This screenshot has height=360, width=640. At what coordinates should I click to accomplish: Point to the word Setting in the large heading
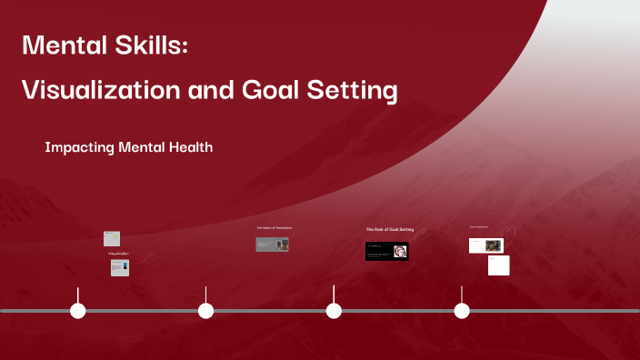tap(354, 91)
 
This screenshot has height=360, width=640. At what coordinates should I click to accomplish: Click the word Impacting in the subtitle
tap(77, 146)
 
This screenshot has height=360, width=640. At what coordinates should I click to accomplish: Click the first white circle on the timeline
tap(78, 311)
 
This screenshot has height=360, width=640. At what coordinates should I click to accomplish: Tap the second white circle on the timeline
tap(206, 311)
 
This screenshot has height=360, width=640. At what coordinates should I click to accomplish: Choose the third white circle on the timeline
tap(334, 311)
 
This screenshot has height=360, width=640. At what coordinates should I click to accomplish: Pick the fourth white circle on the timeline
tap(462, 311)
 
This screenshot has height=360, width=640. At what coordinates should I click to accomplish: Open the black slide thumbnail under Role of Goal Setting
tap(386, 251)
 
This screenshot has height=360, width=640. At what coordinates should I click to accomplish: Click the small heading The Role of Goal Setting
tap(389, 230)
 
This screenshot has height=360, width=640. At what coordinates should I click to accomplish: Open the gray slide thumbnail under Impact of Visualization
tap(272, 244)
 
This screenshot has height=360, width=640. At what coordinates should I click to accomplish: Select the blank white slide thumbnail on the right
tap(498, 265)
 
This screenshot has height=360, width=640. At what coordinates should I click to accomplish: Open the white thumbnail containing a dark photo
tap(485, 245)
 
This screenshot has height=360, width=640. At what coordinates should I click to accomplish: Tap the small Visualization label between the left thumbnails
tap(118, 253)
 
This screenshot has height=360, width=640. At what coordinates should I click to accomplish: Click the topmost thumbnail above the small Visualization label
tap(112, 238)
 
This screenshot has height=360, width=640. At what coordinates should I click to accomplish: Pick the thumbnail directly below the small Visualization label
tap(119, 267)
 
